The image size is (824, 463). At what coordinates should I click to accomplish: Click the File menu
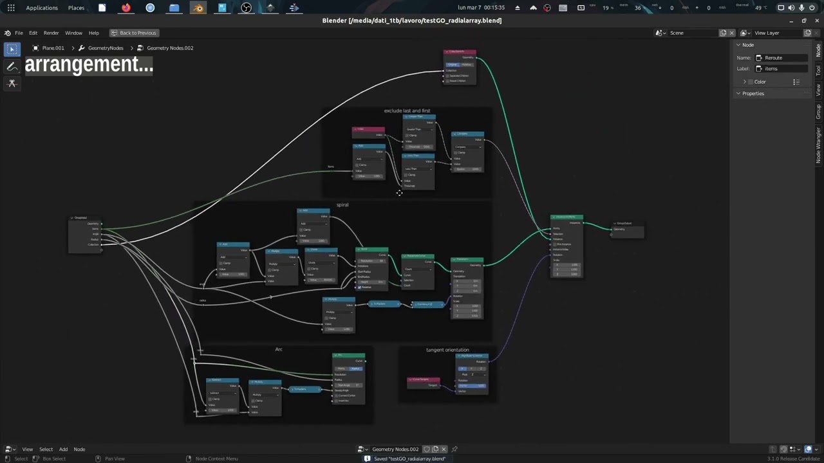(x=19, y=33)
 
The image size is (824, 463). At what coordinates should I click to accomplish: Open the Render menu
(x=51, y=33)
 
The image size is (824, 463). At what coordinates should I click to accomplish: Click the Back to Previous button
(x=133, y=33)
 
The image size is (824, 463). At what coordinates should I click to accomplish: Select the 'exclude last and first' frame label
(x=407, y=111)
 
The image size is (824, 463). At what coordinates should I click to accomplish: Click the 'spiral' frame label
(x=342, y=205)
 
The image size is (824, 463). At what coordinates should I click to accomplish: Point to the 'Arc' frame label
(x=279, y=349)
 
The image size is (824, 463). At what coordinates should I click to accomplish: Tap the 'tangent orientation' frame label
(x=447, y=350)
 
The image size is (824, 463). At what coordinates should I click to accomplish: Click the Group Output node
(x=626, y=223)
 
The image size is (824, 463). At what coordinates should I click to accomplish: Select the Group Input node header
(x=85, y=217)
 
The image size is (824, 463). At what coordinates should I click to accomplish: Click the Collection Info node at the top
(x=460, y=51)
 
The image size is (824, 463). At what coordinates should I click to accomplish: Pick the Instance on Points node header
(x=566, y=217)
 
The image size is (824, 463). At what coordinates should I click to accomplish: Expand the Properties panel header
(x=753, y=94)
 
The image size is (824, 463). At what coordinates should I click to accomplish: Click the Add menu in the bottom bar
(x=63, y=449)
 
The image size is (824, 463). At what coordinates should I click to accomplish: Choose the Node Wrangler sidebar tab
(x=819, y=145)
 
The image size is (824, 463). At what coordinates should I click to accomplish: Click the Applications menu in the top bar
(x=42, y=8)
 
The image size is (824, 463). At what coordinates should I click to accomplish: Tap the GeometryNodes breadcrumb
(x=105, y=48)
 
